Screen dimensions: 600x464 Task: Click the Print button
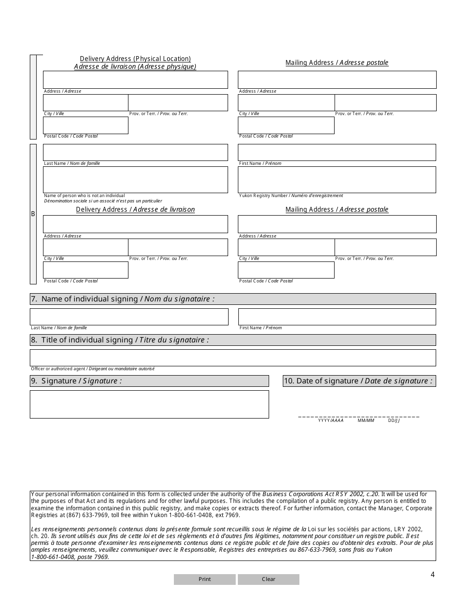click(x=205, y=580)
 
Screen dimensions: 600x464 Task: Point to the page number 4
click(x=432, y=574)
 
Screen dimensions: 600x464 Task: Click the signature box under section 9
click(x=149, y=404)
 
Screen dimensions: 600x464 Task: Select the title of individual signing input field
click(x=232, y=358)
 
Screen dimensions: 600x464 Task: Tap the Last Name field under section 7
click(x=129, y=317)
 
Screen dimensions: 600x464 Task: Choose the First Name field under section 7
click(x=337, y=317)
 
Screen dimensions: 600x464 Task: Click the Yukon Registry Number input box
click(x=337, y=180)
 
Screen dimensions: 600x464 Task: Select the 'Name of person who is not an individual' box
click(x=135, y=180)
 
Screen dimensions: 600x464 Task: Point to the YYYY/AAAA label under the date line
click(x=331, y=420)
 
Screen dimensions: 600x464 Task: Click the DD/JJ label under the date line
click(x=394, y=420)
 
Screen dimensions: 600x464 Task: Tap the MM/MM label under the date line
click(x=366, y=420)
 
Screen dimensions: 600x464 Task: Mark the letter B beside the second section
click(x=33, y=214)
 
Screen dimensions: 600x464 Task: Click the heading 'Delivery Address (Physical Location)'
click(x=135, y=59)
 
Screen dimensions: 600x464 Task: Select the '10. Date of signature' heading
click(x=359, y=381)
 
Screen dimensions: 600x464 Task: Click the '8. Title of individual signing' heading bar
click(x=232, y=340)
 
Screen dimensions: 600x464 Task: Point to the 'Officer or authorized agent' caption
click(x=93, y=369)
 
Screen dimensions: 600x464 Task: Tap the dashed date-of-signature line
click(x=359, y=417)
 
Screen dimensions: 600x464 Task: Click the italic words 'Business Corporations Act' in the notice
click(x=302, y=494)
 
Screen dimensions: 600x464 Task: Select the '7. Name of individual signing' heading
click(x=232, y=299)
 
